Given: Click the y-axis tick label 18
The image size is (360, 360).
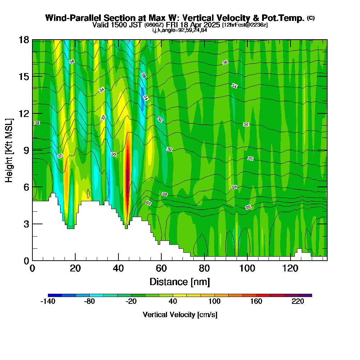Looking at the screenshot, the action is click(24, 40).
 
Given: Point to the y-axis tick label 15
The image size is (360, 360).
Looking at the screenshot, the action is click(24, 77).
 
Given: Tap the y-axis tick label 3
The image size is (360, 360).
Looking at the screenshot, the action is click(27, 224).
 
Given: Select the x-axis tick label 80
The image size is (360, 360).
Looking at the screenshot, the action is click(204, 268).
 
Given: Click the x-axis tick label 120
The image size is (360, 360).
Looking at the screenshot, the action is click(290, 268).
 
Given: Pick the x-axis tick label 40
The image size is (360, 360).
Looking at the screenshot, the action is click(118, 268).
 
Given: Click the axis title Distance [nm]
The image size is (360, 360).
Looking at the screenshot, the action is click(180, 282).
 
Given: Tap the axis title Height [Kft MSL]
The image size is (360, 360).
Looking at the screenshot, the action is click(9, 150).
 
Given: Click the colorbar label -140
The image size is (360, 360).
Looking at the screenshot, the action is click(48, 301).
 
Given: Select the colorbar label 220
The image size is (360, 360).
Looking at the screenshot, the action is click(298, 301).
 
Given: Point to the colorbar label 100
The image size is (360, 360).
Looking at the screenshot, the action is click(215, 301).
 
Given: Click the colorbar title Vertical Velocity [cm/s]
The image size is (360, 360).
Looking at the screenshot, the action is click(180, 315).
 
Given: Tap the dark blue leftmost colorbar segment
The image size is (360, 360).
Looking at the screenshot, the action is click(55, 295).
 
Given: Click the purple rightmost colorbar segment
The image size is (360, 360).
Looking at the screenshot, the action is click(305, 295).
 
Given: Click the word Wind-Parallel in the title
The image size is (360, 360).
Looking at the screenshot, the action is click(73, 18).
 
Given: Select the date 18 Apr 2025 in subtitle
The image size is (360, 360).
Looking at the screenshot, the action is click(200, 24).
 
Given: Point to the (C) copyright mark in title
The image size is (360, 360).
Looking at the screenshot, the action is click(311, 18).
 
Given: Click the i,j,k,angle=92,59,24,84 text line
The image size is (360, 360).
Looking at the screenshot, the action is click(180, 30).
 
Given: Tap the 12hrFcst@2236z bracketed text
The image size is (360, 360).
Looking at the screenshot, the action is click(245, 25).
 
